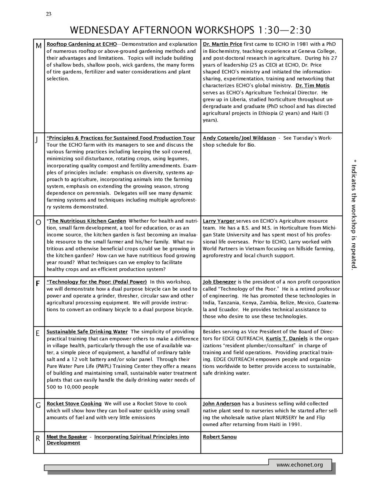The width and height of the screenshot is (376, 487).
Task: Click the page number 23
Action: pyautogui.click(x=49, y=14)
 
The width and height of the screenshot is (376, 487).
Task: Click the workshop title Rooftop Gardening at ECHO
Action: pyautogui.click(x=82, y=44)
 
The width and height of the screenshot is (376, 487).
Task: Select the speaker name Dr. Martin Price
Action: pyautogui.click(x=223, y=44)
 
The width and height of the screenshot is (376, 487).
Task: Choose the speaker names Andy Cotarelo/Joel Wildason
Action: pyautogui.click(x=239, y=138)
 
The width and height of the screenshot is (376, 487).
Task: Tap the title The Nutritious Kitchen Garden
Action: pyautogui.click(x=87, y=221)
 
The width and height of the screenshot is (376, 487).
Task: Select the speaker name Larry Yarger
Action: pyautogui.click(x=218, y=221)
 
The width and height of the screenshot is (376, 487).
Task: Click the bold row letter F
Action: pyautogui.click(x=37, y=284)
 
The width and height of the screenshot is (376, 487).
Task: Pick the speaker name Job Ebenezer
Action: pyautogui.click(x=219, y=282)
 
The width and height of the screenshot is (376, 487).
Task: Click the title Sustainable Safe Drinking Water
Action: pyautogui.click(x=87, y=332)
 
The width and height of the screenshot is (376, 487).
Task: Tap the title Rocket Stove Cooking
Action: pyautogui.click(x=74, y=404)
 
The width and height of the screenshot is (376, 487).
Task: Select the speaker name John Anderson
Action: pyautogui.click(x=221, y=404)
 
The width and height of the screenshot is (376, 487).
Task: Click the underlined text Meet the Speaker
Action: pyautogui.click(x=67, y=437)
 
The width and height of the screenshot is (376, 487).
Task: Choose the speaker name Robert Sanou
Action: pyautogui.click(x=220, y=437)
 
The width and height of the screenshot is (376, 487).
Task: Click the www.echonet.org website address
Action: pyautogui.click(x=300, y=465)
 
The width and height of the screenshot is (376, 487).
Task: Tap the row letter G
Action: pyautogui.click(x=38, y=406)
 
